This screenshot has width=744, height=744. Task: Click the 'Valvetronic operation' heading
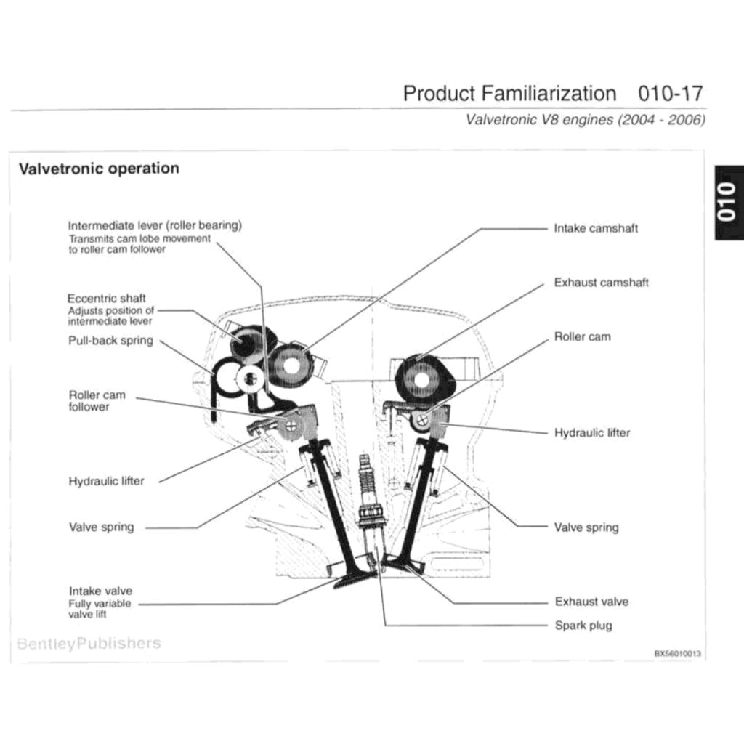(x=98, y=169)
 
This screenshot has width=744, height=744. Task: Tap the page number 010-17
(x=670, y=94)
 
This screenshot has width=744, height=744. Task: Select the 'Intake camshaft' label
(x=596, y=228)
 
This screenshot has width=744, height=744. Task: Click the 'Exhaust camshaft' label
(x=601, y=282)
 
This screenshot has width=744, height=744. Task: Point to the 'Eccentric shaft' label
(x=106, y=298)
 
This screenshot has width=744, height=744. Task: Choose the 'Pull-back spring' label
(x=110, y=340)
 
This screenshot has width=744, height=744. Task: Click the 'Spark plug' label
(x=583, y=625)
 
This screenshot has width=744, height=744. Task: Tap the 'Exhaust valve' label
(x=591, y=602)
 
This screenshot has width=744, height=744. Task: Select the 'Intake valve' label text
(x=100, y=591)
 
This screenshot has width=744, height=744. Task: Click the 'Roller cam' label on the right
(x=582, y=336)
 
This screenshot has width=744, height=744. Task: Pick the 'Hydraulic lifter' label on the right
(x=591, y=432)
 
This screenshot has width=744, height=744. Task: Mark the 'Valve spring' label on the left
(x=101, y=527)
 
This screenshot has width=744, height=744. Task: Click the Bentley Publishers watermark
(x=89, y=643)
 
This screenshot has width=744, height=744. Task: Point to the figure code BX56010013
(x=677, y=653)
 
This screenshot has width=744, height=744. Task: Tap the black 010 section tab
(x=728, y=204)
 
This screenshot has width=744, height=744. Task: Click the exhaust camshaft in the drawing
(x=422, y=379)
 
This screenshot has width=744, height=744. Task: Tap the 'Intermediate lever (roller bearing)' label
(x=155, y=225)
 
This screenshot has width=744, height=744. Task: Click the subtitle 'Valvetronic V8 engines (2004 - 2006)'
(x=586, y=120)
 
